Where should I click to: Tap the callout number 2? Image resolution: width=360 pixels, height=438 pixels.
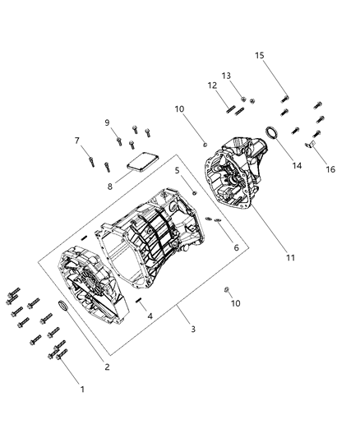coord(108,367)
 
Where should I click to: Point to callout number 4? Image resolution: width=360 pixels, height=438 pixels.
coord(150,315)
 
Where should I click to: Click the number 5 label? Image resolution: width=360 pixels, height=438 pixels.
coord(176,170)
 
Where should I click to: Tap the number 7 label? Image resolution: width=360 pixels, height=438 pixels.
coord(78,140)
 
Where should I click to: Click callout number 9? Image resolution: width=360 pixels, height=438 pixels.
coord(106,122)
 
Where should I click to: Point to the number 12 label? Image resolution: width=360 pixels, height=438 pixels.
coord(212,85)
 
